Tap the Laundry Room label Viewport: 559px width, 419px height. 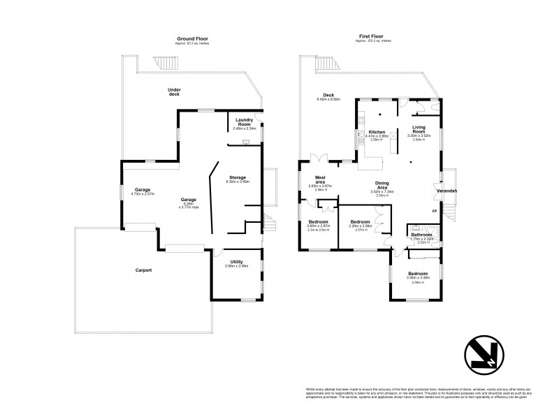click(244, 122)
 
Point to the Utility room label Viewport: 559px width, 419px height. click(236, 262)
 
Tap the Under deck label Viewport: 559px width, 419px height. click(174, 91)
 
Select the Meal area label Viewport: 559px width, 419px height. click(321, 180)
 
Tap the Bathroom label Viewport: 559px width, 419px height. click(421, 235)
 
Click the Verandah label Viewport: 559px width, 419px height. click(447, 191)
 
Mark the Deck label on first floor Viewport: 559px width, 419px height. click(328, 96)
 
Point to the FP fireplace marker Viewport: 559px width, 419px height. click(435, 211)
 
